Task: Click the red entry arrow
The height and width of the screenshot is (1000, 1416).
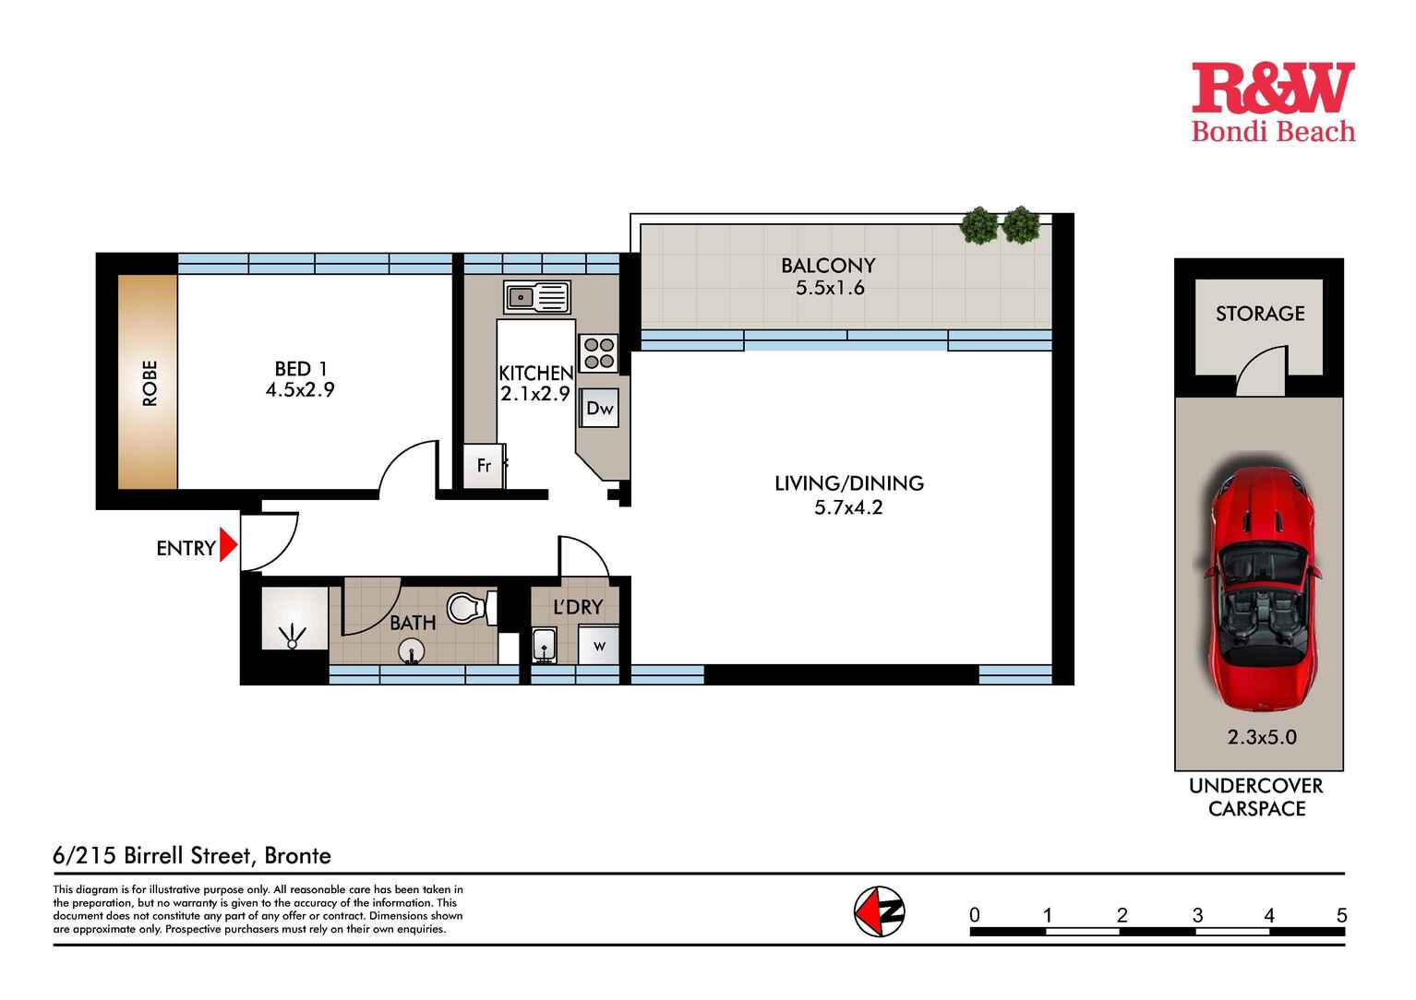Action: [x=228, y=544]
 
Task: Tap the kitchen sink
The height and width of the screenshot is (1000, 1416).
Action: [x=536, y=297]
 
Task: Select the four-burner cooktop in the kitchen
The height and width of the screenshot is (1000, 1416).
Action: [x=598, y=353]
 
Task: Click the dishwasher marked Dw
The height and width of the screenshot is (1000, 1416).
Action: [x=599, y=408]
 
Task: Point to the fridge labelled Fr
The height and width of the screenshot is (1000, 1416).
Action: [x=484, y=466]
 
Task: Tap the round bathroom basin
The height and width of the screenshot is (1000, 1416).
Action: [x=412, y=651]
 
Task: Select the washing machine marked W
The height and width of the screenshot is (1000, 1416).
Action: [x=599, y=645]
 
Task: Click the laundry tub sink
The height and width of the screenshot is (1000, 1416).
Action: [x=544, y=646]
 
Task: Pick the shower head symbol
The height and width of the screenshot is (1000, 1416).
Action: [x=293, y=637]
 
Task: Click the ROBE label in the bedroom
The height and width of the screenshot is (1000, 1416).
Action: [x=150, y=383]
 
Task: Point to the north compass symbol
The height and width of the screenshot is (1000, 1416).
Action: [x=880, y=911]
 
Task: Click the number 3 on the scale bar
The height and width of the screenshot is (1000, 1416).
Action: [x=1197, y=915]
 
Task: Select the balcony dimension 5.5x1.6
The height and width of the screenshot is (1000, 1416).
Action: [x=830, y=288]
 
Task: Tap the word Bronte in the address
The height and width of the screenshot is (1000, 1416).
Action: [x=298, y=856]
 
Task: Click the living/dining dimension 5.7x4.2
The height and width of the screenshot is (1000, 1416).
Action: [x=848, y=507]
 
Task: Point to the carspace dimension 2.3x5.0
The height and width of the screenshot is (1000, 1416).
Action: [x=1262, y=737]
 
